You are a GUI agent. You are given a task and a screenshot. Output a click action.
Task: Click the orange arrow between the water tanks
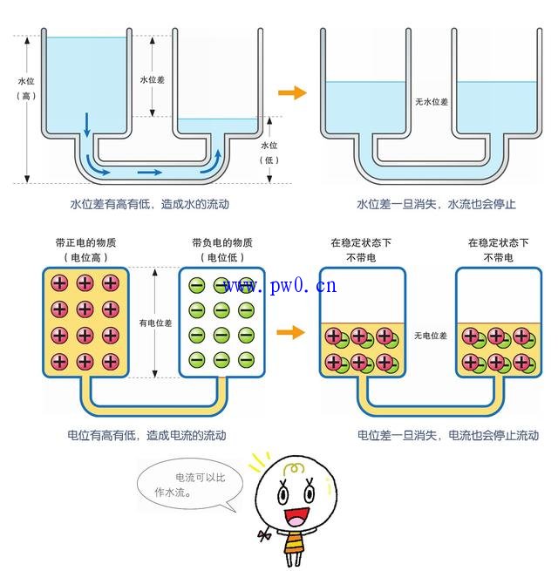(293, 92)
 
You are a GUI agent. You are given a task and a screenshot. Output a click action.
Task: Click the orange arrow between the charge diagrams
(291, 331)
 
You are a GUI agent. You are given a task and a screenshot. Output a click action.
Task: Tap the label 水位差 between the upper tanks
(153, 79)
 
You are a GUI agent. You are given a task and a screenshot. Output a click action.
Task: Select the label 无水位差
(431, 102)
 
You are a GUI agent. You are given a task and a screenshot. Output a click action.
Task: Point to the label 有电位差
(154, 323)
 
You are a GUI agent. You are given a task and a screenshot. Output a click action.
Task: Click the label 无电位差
(430, 336)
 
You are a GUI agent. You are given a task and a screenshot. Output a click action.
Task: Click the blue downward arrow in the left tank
(86, 125)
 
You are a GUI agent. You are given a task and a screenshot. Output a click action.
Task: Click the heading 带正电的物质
(85, 242)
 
